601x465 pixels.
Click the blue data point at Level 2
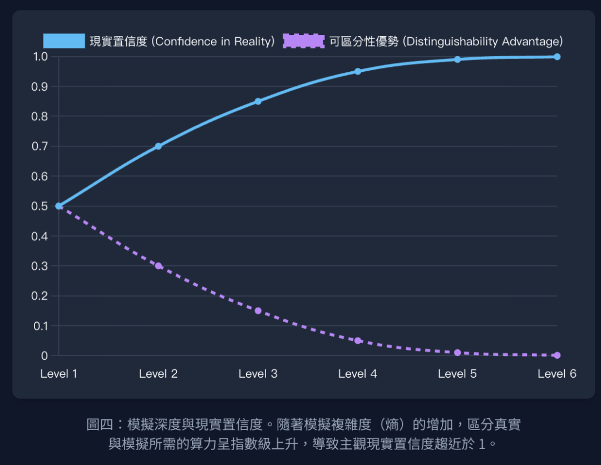(158, 146)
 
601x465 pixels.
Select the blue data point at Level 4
(358, 71)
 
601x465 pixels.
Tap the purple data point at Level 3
(258, 310)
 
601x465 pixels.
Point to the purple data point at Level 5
(457, 353)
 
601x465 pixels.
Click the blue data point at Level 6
(557, 57)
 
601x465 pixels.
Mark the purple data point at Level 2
(158, 266)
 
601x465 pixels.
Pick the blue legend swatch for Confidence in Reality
(64, 41)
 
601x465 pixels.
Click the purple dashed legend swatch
(303, 41)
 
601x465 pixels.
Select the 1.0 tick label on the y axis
(41, 57)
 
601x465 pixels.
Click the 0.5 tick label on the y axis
(41, 206)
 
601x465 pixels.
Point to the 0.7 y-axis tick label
(41, 146)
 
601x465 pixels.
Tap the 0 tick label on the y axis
(45, 355)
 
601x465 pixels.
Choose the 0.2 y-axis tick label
(41, 296)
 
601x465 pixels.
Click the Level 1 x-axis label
(58, 374)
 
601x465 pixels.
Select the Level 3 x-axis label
(258, 374)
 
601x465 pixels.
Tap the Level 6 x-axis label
(557, 374)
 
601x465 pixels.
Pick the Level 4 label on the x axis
(358, 374)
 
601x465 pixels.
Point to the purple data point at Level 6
(557, 355)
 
